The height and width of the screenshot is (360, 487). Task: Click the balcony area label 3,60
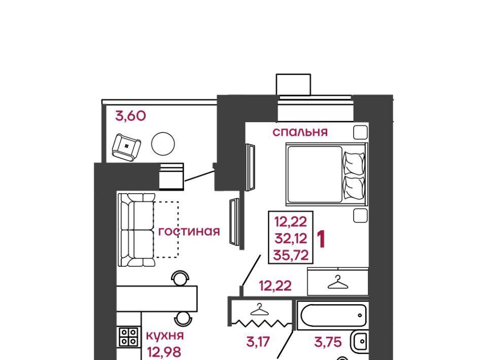[x=130, y=116]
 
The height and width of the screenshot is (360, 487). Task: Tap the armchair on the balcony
[x=126, y=147]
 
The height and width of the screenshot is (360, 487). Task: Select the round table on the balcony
[x=163, y=143]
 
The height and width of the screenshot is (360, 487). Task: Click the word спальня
[x=300, y=132]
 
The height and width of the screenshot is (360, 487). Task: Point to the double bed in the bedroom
[x=327, y=174]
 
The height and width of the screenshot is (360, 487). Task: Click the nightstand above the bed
[x=361, y=132]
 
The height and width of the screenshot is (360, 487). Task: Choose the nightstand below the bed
[x=361, y=215]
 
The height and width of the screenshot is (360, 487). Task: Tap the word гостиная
[x=189, y=232]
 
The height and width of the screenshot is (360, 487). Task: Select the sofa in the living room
[x=136, y=230]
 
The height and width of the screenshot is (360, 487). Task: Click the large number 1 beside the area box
[x=321, y=239]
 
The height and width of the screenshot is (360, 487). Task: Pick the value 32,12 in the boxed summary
[x=291, y=239]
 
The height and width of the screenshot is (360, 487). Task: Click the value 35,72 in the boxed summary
[x=291, y=256]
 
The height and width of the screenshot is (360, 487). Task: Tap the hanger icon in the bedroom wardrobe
[x=338, y=282]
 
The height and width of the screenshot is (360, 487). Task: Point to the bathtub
[x=333, y=315]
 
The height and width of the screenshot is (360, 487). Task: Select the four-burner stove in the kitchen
[x=129, y=337]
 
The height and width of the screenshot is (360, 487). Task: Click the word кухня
[x=164, y=336]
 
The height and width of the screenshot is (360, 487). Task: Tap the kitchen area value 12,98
[x=164, y=352]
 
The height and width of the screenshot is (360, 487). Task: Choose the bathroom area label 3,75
[x=328, y=342]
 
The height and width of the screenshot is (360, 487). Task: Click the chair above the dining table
[x=181, y=278]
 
